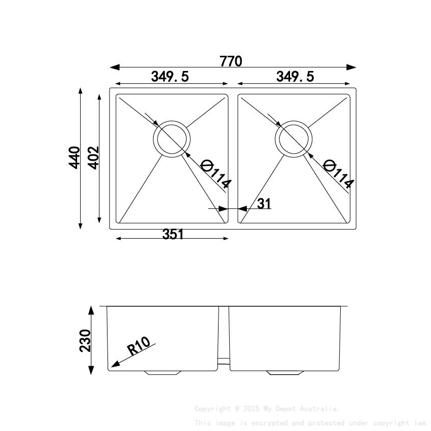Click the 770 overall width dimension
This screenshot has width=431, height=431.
coord(231,61)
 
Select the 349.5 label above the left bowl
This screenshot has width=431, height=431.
coord(170,77)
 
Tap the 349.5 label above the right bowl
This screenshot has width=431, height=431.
coord(295,77)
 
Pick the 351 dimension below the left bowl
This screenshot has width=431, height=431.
coord(172,234)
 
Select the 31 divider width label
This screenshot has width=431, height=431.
coord(264,204)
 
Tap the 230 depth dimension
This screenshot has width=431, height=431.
coord(85,340)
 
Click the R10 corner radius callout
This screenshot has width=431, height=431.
coord(138,347)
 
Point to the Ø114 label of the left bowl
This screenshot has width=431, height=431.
coord(215,174)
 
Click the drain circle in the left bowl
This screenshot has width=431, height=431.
coord(172,138)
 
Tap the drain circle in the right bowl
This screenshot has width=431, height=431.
coord(293,138)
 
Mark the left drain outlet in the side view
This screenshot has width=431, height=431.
coord(162,373)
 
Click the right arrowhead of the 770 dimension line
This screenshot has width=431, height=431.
coord(352,67)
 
